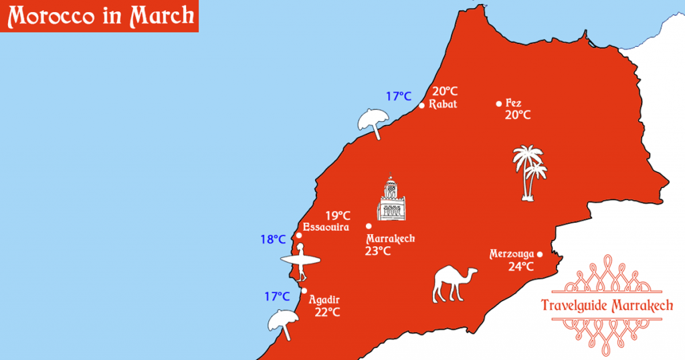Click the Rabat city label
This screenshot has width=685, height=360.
click(x=443, y=104)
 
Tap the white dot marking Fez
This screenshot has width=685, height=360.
click(x=498, y=104)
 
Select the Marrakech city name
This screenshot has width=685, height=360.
click(x=391, y=238)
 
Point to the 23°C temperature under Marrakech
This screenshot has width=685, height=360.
click(x=378, y=251)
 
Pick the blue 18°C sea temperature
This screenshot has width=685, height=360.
click(x=273, y=239)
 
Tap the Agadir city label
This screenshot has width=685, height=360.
click(x=325, y=300)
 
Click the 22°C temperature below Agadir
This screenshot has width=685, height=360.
click(x=327, y=312)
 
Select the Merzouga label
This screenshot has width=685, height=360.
click(x=512, y=254)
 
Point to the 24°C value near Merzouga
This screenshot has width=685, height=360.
click(x=520, y=266)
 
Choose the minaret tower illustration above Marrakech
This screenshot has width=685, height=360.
click(x=391, y=199)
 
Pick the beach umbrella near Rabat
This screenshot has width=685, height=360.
click(x=372, y=122)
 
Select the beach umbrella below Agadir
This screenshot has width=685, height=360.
click(x=284, y=323)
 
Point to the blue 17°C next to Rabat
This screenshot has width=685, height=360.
click(x=399, y=96)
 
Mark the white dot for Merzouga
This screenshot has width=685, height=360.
click(x=540, y=254)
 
